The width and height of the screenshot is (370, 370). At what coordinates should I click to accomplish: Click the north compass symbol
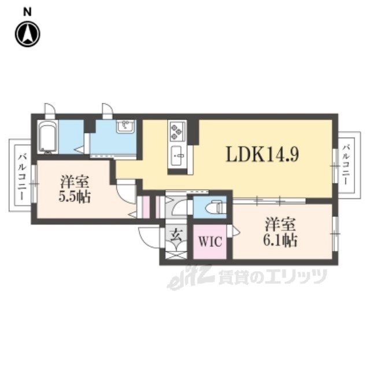tap(28, 34)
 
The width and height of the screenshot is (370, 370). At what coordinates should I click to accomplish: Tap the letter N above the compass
tap(27, 12)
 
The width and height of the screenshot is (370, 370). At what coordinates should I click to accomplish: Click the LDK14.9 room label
tap(262, 154)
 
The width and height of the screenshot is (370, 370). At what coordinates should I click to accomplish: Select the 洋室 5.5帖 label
tap(75, 189)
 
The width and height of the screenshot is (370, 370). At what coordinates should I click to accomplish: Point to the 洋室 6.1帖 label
tap(280, 232)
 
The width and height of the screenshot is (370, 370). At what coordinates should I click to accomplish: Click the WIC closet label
tap(210, 241)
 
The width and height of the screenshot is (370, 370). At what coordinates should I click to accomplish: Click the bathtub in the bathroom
tap(49, 138)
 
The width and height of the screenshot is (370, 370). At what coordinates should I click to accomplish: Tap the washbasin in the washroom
tap(125, 126)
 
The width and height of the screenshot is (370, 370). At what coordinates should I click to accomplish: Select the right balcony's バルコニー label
tap(346, 165)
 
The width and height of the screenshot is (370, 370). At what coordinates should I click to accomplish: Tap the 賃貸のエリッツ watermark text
tap(272, 276)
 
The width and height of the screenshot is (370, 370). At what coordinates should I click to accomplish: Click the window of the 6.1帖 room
tap(335, 234)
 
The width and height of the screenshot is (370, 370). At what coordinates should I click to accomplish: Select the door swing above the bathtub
tap(50, 109)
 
